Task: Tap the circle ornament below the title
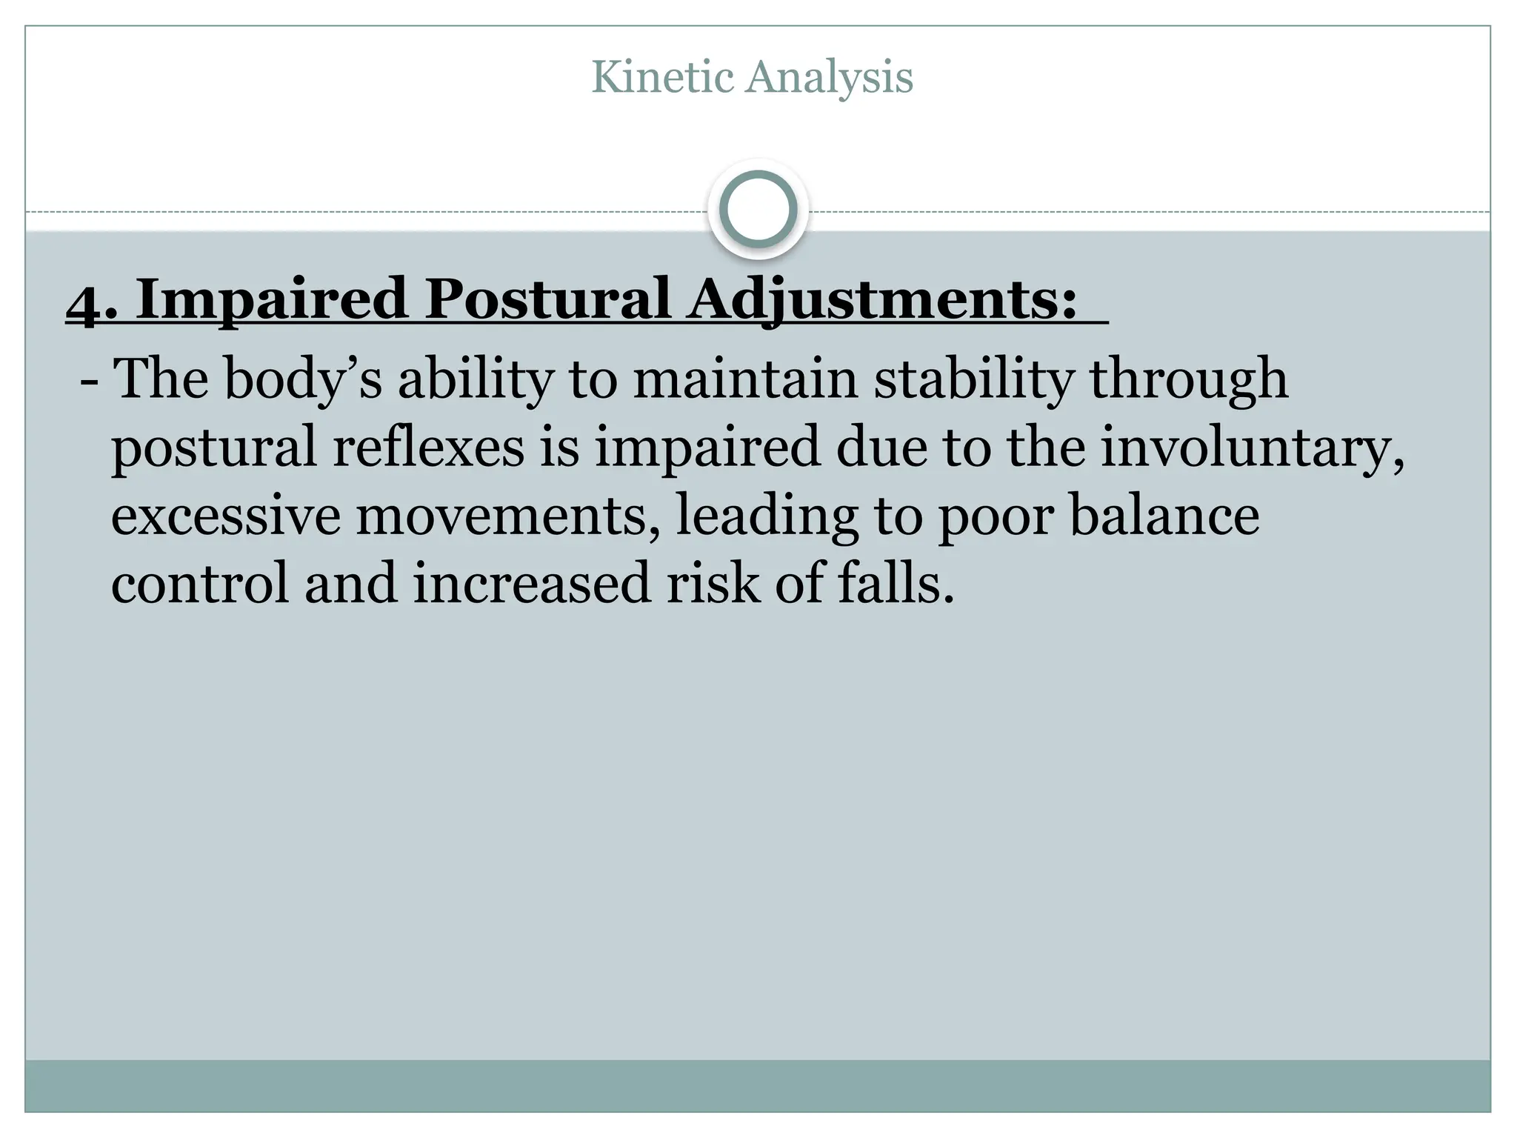tap(758, 209)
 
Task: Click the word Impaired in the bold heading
tap(271, 299)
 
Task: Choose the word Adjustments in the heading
tap(881, 299)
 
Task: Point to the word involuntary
tap(1251, 449)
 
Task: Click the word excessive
tap(226, 517)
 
